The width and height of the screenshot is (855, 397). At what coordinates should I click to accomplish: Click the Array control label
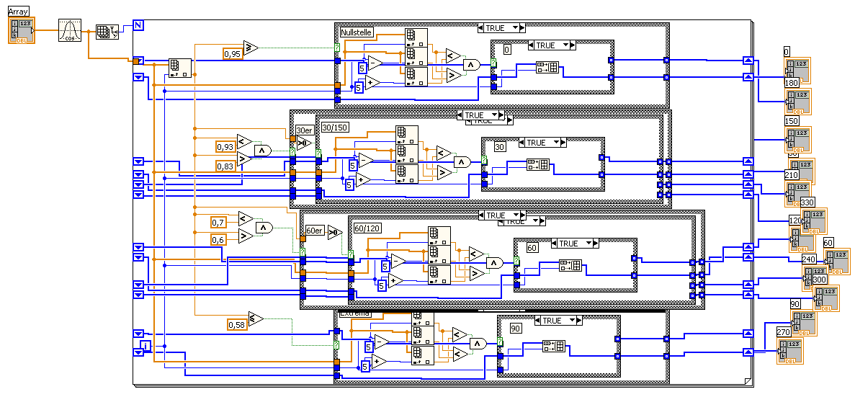[x=18, y=12]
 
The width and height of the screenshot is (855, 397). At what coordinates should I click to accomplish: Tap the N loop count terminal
[x=138, y=25]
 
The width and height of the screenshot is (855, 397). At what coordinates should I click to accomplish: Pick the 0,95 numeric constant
[x=232, y=53]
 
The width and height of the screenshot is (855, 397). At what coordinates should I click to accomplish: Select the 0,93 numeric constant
[x=225, y=146]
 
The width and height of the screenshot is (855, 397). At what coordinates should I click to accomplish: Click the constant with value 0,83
[x=225, y=166]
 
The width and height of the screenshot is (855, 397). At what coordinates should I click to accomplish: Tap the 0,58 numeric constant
[x=236, y=325]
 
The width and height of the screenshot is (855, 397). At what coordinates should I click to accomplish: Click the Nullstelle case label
[x=357, y=32]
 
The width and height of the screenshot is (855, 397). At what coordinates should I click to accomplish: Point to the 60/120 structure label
[x=367, y=228]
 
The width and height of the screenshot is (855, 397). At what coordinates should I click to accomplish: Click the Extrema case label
[x=354, y=313]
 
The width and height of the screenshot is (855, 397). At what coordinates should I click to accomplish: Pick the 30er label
[x=305, y=130]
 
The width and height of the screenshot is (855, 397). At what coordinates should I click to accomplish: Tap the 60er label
[x=315, y=231]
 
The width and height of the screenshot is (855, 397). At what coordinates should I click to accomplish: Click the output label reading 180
[x=792, y=83]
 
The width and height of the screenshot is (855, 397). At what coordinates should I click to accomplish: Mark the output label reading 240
[x=809, y=259]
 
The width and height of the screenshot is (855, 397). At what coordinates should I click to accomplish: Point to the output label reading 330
[x=807, y=202]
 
